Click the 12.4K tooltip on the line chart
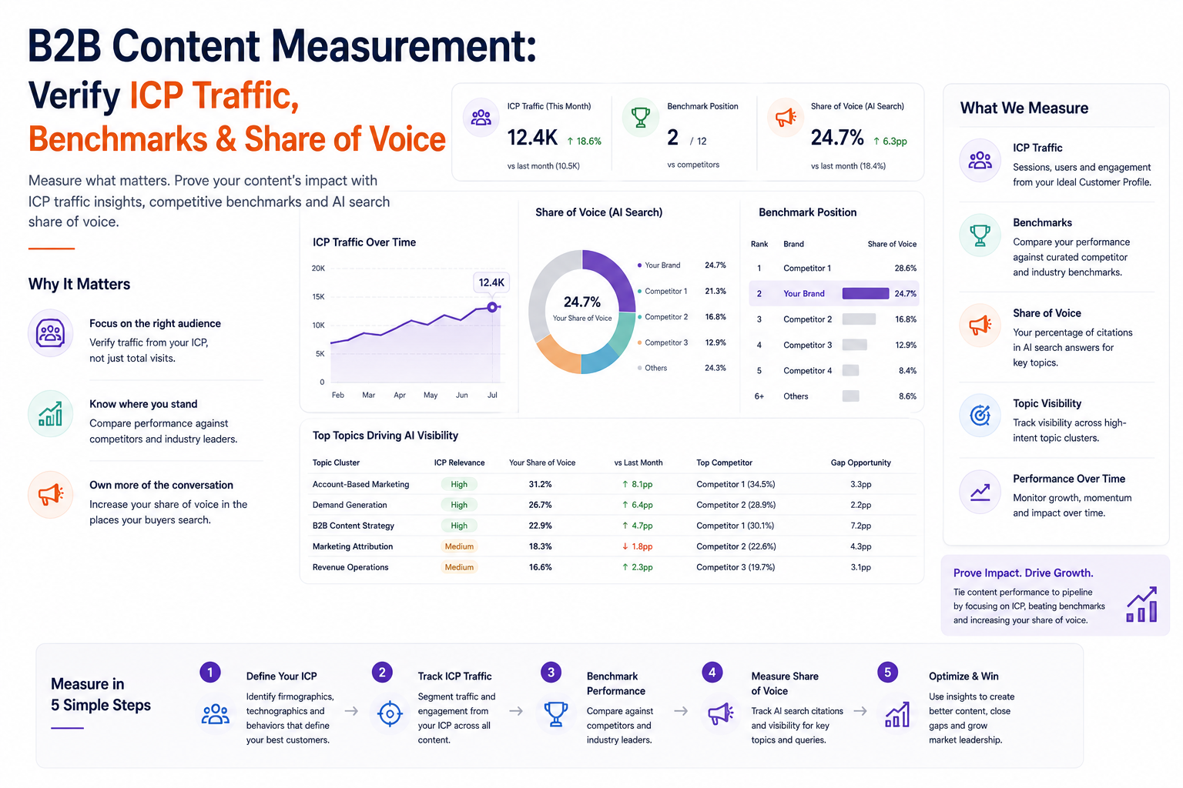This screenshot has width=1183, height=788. click(491, 283)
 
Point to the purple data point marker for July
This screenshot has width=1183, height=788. click(492, 307)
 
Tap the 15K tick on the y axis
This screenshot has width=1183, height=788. click(318, 296)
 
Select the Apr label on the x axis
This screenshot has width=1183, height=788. click(400, 395)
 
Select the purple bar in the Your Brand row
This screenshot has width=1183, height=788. click(866, 293)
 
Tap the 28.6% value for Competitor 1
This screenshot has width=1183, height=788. click(905, 268)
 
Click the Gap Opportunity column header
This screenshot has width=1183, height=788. click(861, 463)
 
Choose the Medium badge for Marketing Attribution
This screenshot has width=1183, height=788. click(459, 546)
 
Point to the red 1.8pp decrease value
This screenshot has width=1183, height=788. click(638, 546)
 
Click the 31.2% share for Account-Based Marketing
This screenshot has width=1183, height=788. click(540, 484)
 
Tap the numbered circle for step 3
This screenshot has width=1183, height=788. click(551, 673)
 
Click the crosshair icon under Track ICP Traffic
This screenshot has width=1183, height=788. click(390, 714)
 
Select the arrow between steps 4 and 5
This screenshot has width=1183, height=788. click(860, 711)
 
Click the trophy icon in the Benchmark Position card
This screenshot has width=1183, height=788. click(641, 117)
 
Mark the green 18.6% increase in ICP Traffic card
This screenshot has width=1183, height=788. click(584, 141)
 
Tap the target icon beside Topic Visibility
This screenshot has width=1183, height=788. click(980, 416)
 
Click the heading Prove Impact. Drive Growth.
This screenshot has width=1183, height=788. click(1023, 573)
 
